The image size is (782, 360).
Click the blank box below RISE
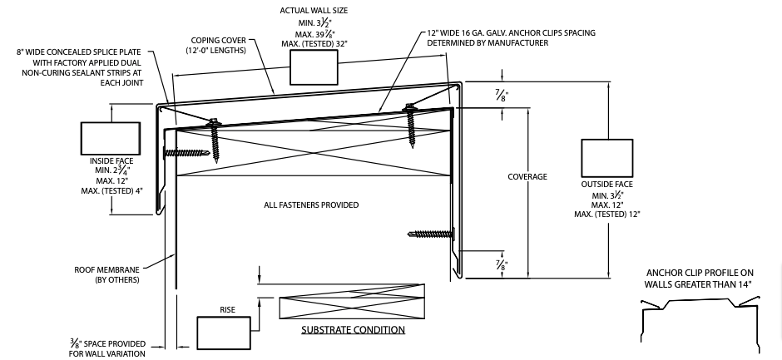click(x=224, y=333)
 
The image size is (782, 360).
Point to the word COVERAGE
click(x=527, y=177)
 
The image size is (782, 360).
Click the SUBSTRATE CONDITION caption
click(x=353, y=330)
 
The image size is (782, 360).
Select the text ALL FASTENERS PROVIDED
click(x=312, y=205)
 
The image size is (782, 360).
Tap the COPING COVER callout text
click(x=220, y=45)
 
